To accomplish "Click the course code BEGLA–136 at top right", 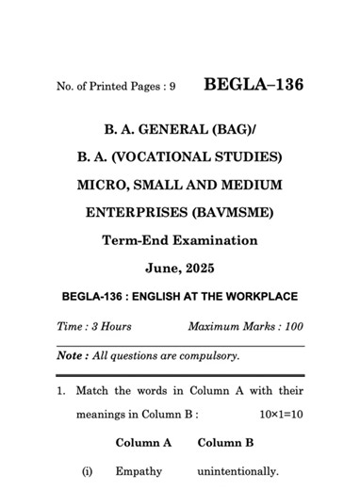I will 254,85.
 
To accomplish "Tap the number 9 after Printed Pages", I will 172,87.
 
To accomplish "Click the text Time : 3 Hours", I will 93,326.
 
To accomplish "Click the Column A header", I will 142,442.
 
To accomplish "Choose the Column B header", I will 225,442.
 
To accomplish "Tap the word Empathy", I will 139,471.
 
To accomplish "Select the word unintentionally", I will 237,471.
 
